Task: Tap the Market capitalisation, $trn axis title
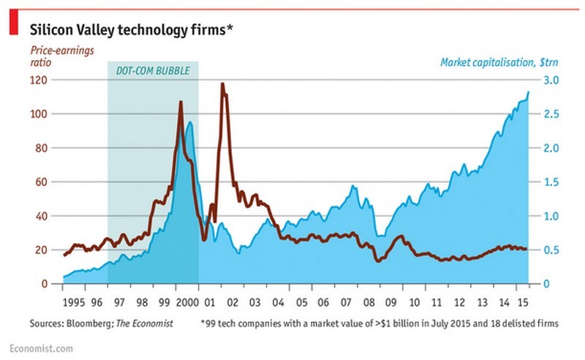point(499,63)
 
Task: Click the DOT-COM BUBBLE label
point(153,70)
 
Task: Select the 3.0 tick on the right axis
point(549,80)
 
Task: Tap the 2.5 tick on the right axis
point(549,114)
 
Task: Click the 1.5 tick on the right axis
point(549,182)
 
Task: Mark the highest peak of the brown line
point(222,84)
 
